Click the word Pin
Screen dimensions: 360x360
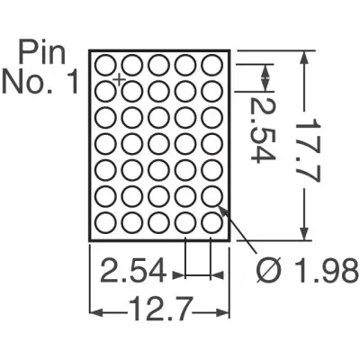tap(42, 54)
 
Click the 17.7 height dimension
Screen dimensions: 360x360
tap(306, 150)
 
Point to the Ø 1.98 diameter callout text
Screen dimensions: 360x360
tap(308, 272)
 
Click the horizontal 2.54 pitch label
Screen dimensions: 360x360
tap(133, 272)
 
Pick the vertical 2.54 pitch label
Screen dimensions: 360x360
tap(262, 130)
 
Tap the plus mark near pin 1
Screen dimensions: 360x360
tap(120, 79)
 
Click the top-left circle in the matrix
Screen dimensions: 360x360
tap(106, 65)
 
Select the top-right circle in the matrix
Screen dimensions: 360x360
tap(211, 65)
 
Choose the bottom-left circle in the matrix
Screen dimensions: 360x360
tap(106, 222)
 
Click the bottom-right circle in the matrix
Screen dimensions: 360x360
tap(211, 222)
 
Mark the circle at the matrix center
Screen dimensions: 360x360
tap(158, 144)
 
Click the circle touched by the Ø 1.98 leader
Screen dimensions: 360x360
tap(211, 196)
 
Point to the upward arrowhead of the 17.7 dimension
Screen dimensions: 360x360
tap(304, 58)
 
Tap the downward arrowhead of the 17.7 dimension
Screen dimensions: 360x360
tap(304, 233)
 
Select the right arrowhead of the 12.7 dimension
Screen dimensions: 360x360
tap(222, 312)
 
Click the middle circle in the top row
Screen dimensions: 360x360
tap(158, 65)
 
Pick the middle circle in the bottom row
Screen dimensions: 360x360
tap(158, 222)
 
